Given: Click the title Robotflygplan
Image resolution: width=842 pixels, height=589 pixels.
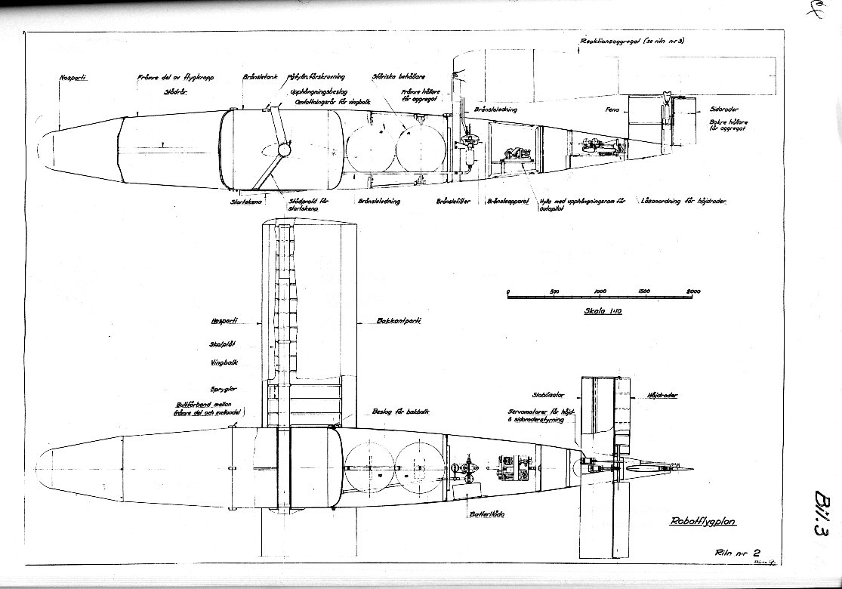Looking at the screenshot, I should tap(702, 521).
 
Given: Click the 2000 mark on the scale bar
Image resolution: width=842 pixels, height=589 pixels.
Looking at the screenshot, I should tap(692, 291).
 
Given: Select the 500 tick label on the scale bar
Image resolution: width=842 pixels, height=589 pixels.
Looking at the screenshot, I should tap(554, 291).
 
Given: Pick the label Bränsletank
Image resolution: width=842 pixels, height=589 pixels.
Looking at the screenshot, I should tap(261, 77).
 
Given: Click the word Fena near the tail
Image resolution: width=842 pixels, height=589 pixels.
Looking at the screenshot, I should tap(612, 110).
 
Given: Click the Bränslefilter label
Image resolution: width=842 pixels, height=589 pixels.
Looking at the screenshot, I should tap(453, 202).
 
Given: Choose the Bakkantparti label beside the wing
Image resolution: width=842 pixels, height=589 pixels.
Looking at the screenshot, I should tap(398, 321).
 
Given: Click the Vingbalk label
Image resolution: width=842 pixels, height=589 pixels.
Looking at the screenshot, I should tap(224, 362).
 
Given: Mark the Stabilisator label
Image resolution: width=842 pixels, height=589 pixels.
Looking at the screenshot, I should tap(550, 394).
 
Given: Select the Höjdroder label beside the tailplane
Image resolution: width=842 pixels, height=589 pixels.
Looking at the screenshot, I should tap(662, 395).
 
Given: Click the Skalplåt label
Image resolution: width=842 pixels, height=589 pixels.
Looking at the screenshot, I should tap(223, 344).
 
